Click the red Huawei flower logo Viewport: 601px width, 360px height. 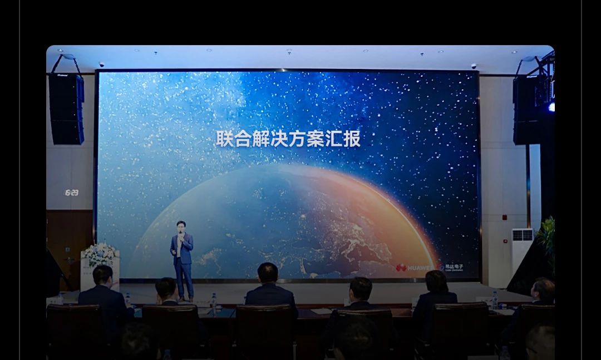click(401, 268)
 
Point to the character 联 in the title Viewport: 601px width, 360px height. click(224, 139)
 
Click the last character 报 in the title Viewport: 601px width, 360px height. click(352, 139)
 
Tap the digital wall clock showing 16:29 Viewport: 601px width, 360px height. click(71, 193)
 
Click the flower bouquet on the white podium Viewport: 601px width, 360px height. click(100, 254)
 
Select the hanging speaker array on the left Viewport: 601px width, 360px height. click(66, 109)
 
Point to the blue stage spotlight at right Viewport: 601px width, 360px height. click(551, 107)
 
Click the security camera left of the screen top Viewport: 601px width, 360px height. click(101, 65)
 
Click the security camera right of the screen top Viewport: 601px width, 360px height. click(474, 66)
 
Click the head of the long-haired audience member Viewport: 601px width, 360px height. click(436, 282)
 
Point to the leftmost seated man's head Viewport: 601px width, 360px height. click(102, 275)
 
